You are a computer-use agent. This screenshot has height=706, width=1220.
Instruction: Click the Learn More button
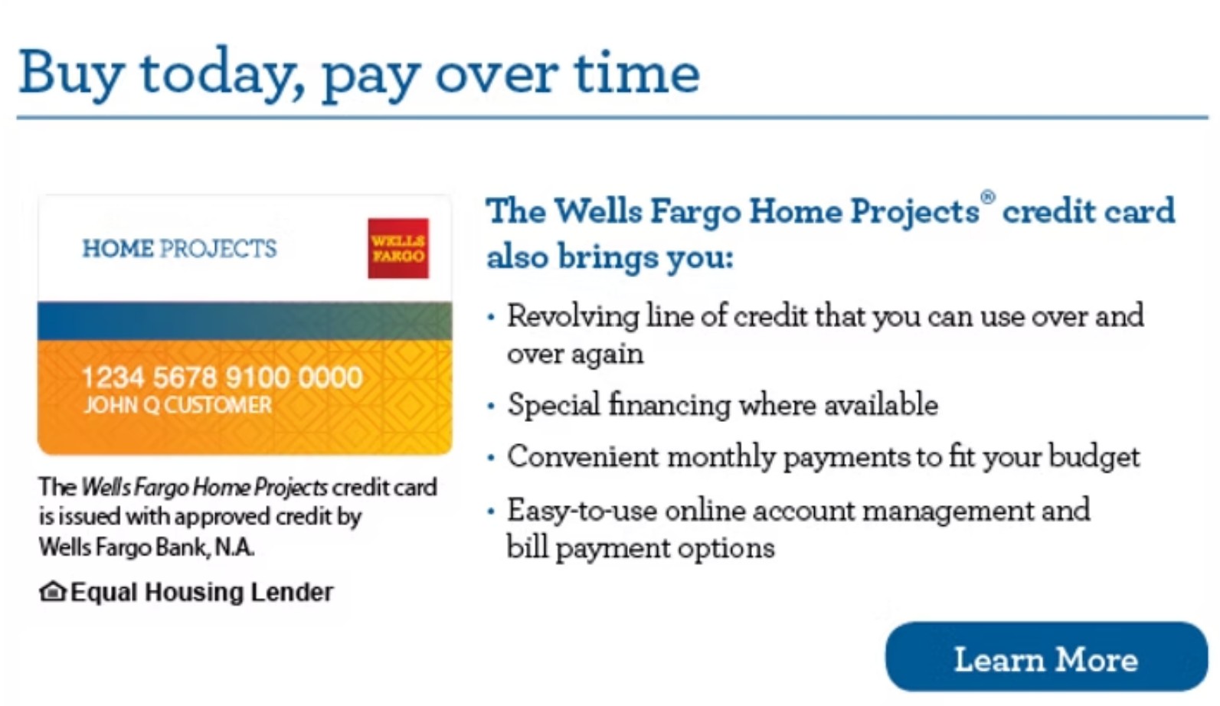click(x=1046, y=657)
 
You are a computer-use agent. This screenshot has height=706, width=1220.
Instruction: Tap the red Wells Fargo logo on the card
click(x=398, y=248)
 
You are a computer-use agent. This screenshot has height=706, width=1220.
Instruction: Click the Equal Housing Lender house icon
click(x=53, y=592)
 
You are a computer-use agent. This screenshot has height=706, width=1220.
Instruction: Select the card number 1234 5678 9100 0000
click(x=221, y=378)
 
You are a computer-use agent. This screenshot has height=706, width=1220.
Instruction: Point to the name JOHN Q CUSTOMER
click(x=178, y=405)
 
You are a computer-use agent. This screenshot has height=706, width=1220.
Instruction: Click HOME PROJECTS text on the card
click(x=179, y=248)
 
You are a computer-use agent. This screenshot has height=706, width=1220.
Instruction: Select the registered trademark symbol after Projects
click(x=988, y=198)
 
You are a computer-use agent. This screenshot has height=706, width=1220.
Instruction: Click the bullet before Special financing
click(x=491, y=406)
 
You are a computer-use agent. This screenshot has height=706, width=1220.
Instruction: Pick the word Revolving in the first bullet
click(x=573, y=316)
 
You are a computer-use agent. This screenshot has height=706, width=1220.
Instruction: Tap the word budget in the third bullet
click(x=1094, y=456)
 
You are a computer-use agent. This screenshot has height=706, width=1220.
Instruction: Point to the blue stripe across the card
click(x=244, y=321)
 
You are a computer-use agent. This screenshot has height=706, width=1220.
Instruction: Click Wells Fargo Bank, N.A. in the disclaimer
click(x=146, y=547)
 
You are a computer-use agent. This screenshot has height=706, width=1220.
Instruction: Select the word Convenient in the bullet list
click(x=584, y=456)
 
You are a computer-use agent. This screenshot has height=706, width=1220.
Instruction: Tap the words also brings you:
click(x=610, y=258)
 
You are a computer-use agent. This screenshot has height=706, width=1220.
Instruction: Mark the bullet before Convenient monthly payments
click(x=491, y=458)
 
